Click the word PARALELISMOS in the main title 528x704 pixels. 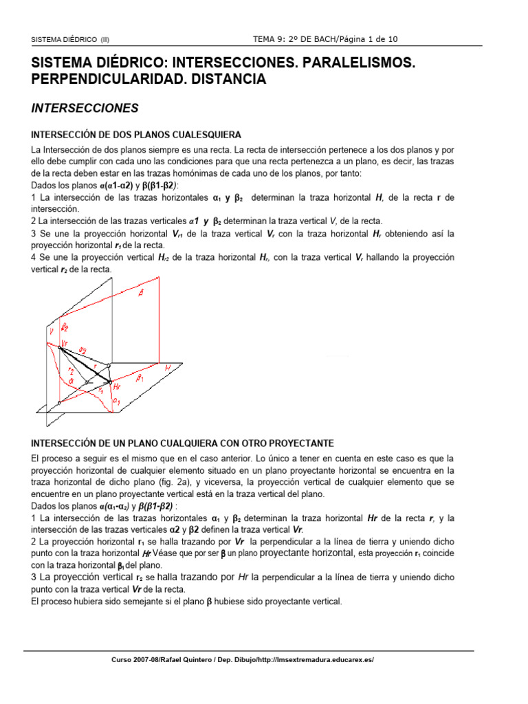click(x=349, y=63)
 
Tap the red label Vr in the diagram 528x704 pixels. click(x=64, y=342)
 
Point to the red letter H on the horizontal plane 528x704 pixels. click(x=167, y=368)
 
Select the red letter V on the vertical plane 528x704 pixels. click(x=50, y=333)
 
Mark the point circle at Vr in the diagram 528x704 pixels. click(x=59, y=348)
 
